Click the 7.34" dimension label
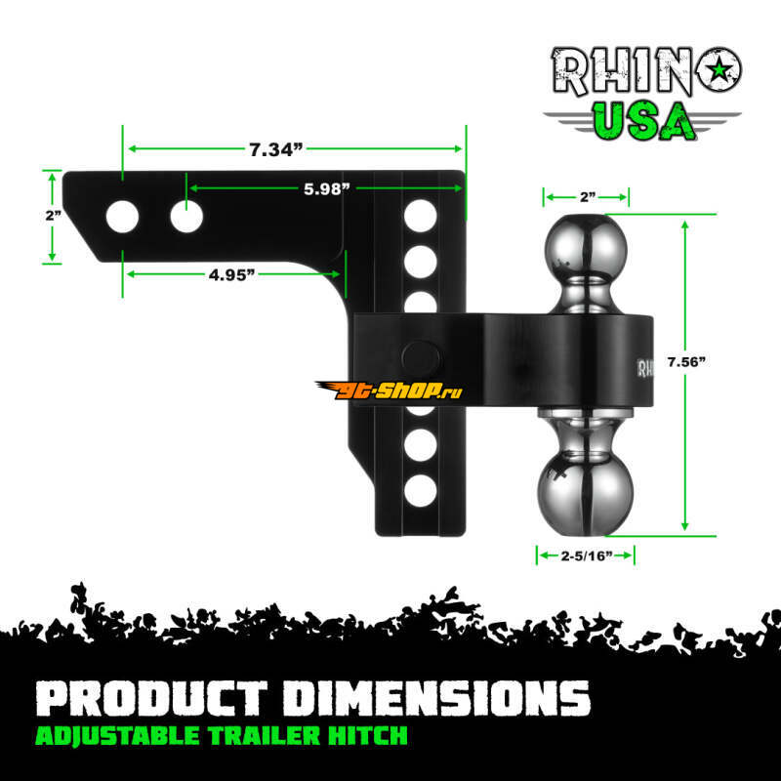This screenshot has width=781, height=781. coord(276,149)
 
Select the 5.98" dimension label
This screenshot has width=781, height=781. coord(327,188)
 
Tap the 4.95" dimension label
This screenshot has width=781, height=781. coord(231,274)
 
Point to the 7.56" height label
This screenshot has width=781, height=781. coord(686,362)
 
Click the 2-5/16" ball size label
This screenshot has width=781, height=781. coord(587,555)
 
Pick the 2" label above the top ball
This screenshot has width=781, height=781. coord(588,197)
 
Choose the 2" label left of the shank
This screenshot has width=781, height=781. coord(54,216)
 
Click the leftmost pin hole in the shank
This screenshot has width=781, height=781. coord(123,217)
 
